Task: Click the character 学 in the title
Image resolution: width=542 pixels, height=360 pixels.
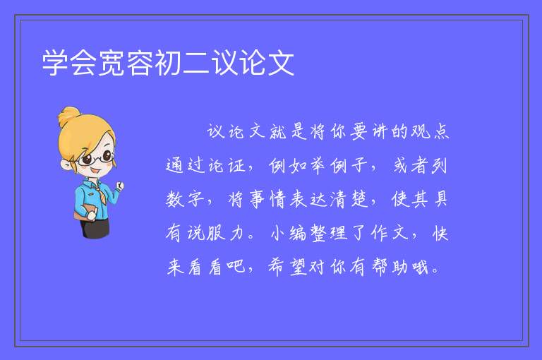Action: [x=55, y=63]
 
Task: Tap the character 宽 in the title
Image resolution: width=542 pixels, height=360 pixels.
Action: [x=112, y=63]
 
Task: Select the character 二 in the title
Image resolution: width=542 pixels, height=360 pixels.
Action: [x=196, y=63]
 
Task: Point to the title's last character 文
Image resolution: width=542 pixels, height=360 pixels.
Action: [x=281, y=63]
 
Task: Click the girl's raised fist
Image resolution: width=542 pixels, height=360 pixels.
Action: [x=119, y=186]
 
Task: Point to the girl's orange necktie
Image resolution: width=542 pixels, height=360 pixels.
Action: [x=100, y=194]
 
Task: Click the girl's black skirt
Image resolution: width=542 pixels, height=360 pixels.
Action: [x=95, y=228]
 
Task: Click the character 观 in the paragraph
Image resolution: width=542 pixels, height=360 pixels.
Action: [x=421, y=132]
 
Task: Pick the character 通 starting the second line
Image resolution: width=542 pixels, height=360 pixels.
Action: [x=174, y=165]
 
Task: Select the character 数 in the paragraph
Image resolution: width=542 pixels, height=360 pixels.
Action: [x=175, y=199]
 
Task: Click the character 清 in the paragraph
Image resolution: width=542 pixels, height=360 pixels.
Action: [x=339, y=199]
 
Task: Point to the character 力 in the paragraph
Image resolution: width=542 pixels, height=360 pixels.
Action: [x=237, y=233]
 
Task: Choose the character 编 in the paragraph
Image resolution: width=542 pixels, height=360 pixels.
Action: [x=298, y=233]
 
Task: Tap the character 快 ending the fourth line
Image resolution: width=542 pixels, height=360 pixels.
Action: [x=440, y=233]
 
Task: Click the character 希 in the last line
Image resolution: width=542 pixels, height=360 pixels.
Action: [x=276, y=267]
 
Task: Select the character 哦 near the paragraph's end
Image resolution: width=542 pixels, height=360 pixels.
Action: [x=420, y=267]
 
